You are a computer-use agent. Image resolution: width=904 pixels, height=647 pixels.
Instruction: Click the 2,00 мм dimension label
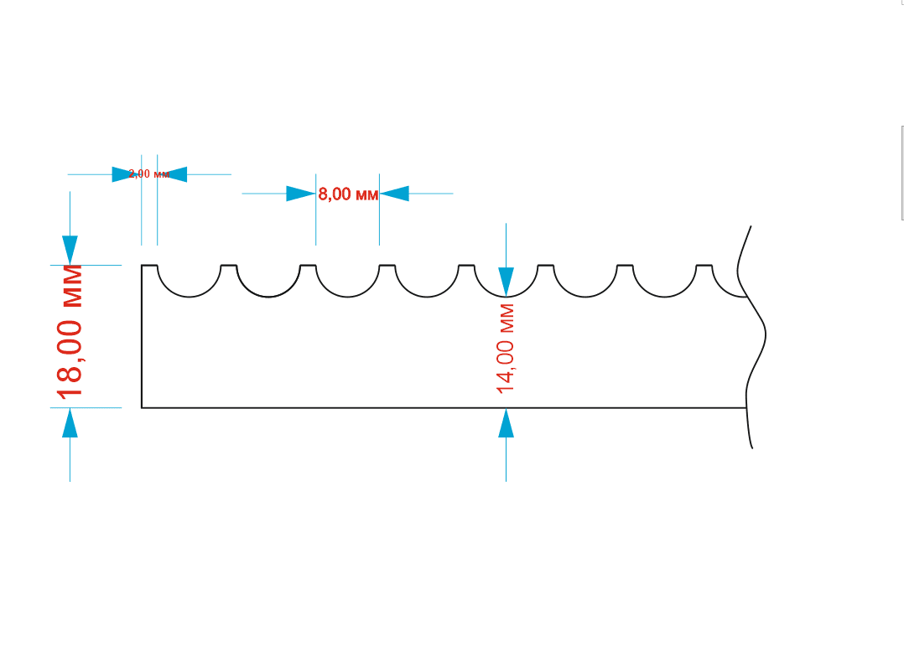[149, 174]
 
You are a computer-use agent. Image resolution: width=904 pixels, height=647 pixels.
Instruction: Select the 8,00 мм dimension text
[348, 194]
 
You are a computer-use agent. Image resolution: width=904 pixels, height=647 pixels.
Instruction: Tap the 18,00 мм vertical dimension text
[70, 332]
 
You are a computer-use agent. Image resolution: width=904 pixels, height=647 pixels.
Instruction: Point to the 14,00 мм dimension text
[505, 349]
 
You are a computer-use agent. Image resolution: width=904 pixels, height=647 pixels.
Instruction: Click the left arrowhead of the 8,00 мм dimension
[300, 194]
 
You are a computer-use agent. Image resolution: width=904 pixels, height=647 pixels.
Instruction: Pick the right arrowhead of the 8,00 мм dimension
[394, 194]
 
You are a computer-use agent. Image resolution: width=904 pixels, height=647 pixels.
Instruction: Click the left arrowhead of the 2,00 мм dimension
[126, 174]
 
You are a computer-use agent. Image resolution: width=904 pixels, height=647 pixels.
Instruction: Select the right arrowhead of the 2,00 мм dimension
[174, 174]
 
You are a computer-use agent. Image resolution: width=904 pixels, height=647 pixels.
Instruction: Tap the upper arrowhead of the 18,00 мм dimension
[70, 249]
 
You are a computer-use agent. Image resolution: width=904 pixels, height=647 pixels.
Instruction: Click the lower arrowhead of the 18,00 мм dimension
[70, 423]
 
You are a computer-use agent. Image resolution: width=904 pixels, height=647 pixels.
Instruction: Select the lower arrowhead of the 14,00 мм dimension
[506, 423]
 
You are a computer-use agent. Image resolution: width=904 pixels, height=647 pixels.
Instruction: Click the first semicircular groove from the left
[189, 285]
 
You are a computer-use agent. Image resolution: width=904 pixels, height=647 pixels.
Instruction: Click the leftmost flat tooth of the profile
[149, 266]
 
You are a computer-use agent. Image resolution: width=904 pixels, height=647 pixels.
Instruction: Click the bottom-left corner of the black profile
[142, 407]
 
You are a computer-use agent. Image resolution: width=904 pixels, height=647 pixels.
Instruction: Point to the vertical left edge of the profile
[142, 335]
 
